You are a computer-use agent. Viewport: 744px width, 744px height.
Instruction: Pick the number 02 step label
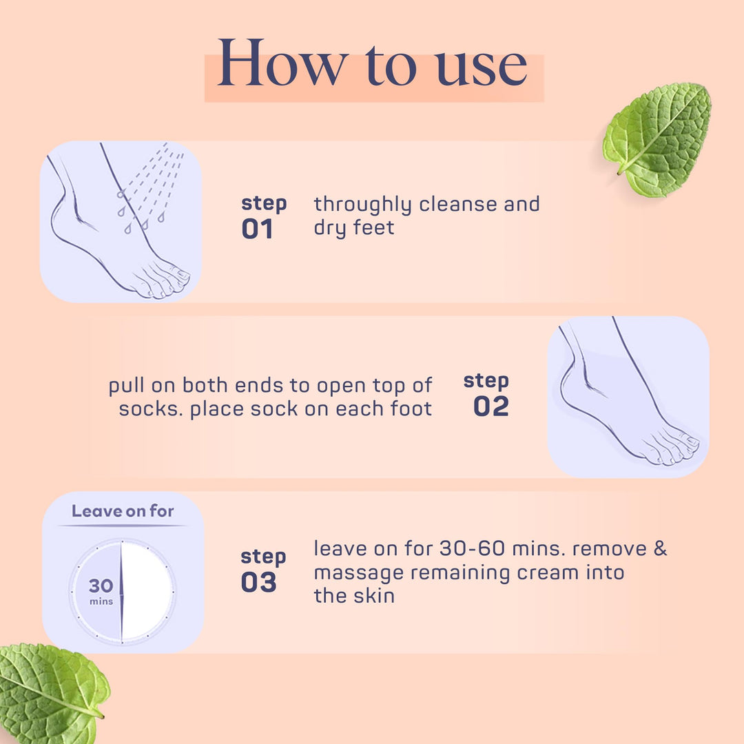[490, 406]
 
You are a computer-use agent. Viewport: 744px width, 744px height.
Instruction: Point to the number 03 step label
[258, 583]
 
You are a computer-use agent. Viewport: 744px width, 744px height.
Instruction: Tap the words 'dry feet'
[354, 228]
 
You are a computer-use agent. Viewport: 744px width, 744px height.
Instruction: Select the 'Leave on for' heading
[123, 511]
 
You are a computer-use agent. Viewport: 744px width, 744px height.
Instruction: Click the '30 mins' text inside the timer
[101, 590]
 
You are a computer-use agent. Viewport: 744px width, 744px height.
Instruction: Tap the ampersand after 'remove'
[660, 550]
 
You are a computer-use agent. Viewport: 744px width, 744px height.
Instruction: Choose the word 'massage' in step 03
[355, 573]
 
